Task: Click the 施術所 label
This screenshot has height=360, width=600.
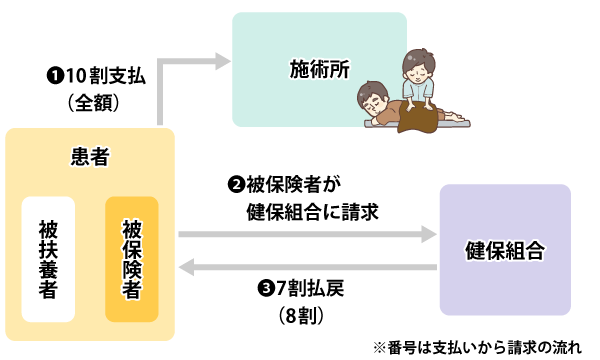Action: [320, 69]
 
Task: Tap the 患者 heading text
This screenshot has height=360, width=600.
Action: [90, 156]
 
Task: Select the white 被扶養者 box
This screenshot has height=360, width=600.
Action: [48, 259]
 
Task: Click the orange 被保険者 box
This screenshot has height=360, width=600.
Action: [132, 259]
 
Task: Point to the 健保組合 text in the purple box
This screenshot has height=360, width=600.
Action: [505, 251]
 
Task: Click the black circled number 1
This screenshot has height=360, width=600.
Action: [55, 75]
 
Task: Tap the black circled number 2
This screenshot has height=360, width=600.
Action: [236, 185]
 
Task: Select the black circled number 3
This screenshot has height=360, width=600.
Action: [265, 288]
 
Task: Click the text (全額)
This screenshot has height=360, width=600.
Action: [94, 103]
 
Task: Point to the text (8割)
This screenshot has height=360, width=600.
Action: [302, 316]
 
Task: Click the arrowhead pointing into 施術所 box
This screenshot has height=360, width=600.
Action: [223, 61]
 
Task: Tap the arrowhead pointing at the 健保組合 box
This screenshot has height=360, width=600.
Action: [429, 234]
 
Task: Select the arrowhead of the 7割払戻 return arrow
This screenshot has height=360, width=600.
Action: [187, 267]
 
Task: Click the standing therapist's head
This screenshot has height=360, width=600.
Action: [419, 65]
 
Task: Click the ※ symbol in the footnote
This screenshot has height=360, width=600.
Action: [379, 347]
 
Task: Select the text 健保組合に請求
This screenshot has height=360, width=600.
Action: [312, 212]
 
